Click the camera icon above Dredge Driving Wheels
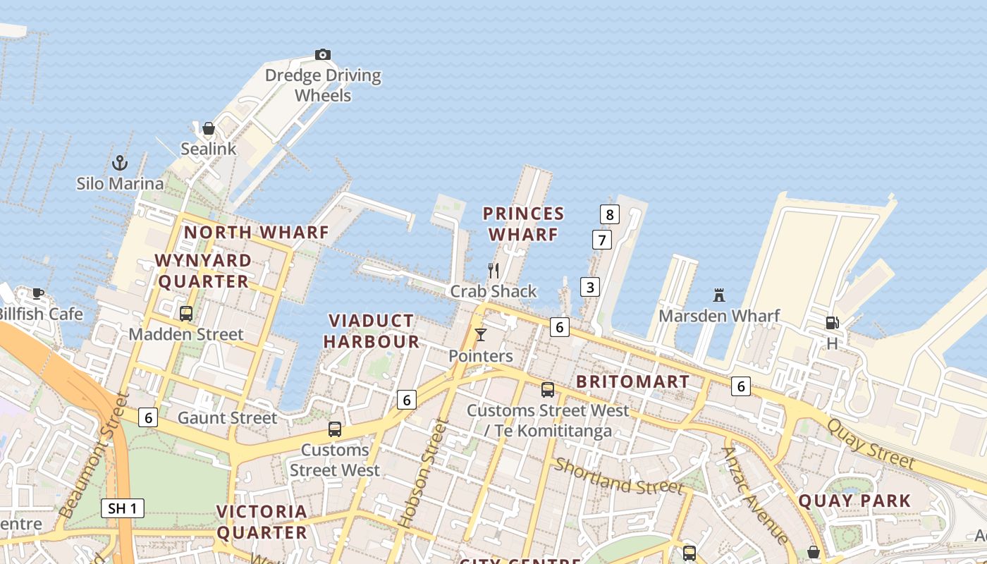pos(322,54)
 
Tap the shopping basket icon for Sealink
pos(209,128)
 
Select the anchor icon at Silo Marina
pos(120,163)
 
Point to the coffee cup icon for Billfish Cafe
pos(38,293)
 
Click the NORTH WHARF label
pos(257,232)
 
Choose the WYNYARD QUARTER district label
pos(203,271)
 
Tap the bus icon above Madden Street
pos(186,314)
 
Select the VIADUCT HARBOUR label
pos(372,331)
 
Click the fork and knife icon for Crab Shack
pos(493,270)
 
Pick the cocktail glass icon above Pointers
pos(481,335)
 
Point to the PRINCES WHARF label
pos(524,223)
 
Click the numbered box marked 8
pos(610,214)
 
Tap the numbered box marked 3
pos(590,287)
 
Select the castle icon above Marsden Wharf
pos(719,295)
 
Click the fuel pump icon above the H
pos(832,323)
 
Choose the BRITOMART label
pos(633,381)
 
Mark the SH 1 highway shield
pos(123,508)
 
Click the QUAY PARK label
pos(854,501)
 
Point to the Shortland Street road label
pos(618,477)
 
